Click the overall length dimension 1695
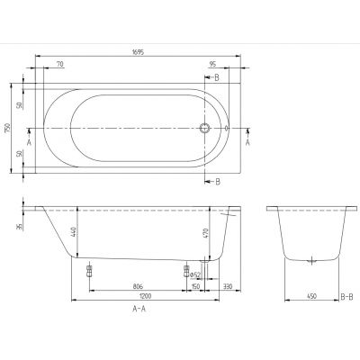click(136, 52)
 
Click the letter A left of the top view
click(30, 140)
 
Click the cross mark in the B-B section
click(311, 261)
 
